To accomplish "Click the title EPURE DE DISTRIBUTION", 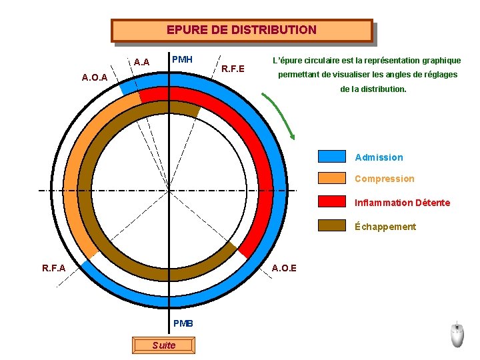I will pos(241,30).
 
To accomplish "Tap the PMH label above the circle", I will pos(182,59).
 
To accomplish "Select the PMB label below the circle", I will pos(183,323).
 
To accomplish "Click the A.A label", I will pos(141,63).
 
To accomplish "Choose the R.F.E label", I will pos(233,69).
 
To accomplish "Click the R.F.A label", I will pos(53,269).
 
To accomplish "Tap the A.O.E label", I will pos(285,269).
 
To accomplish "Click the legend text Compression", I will pos(384,179).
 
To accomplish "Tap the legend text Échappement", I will pos(385,227).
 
